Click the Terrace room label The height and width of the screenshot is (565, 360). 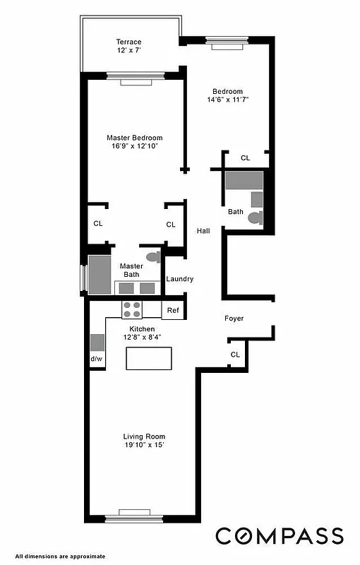coord(128,42)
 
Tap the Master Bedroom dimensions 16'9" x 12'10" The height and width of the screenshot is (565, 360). coord(134,146)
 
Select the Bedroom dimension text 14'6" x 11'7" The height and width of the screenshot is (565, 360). coord(228,100)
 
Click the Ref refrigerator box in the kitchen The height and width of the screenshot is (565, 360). coord(172,310)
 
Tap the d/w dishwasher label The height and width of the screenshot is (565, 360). coord(96,359)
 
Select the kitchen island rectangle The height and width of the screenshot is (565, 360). coord(149,359)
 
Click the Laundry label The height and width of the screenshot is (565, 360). coord(179,279)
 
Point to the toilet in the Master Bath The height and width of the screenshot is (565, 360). coord(152,256)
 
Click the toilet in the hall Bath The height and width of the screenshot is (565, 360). coord(255,218)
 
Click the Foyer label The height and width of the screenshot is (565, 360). coord(234,319)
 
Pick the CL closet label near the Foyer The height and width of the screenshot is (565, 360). coord(235,355)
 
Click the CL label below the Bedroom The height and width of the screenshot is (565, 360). coord(245,158)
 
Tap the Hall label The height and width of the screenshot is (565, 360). coord(203,230)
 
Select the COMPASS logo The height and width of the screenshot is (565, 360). coord(280,536)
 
